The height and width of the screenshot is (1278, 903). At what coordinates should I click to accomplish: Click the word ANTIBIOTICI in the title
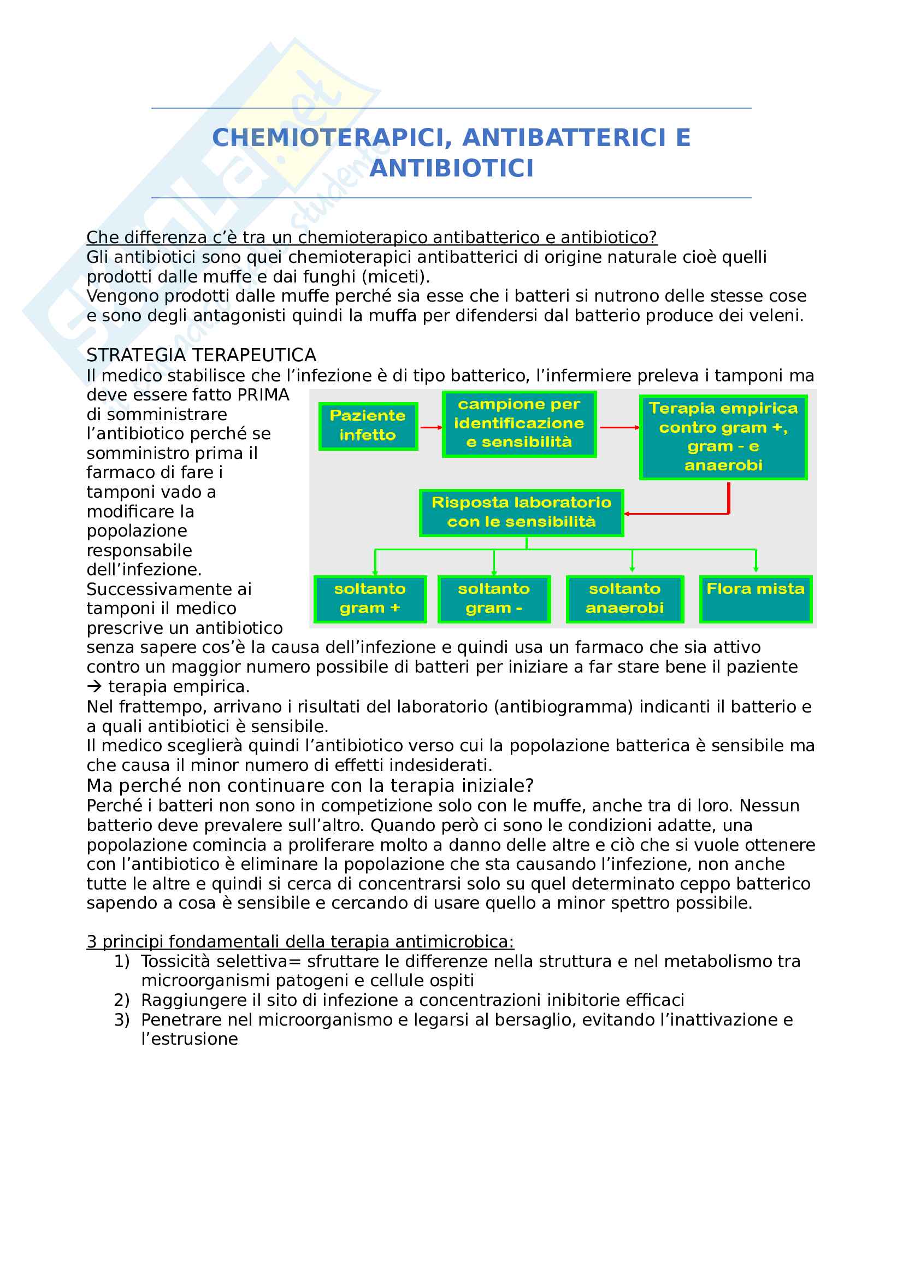pyautogui.click(x=451, y=169)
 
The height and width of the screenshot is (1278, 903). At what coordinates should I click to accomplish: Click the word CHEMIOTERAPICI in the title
pyautogui.click(x=332, y=138)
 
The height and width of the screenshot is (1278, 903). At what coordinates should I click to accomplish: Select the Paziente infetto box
pyautogui.click(x=368, y=426)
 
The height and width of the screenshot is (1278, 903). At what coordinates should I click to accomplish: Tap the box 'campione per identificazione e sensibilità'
pyautogui.click(x=518, y=423)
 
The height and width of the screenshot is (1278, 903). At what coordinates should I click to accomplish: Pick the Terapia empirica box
pyautogui.click(x=723, y=437)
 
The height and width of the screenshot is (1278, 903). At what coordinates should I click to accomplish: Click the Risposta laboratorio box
pyautogui.click(x=521, y=513)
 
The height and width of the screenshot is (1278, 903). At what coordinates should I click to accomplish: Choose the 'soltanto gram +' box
pyautogui.click(x=370, y=599)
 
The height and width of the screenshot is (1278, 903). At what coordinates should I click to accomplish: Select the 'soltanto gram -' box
pyautogui.click(x=493, y=599)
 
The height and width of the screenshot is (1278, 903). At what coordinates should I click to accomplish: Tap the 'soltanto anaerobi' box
pyautogui.click(x=624, y=599)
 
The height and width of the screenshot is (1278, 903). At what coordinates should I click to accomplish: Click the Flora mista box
pyautogui.click(x=755, y=599)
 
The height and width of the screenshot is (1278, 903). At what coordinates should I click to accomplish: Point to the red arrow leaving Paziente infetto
pyautogui.click(x=430, y=427)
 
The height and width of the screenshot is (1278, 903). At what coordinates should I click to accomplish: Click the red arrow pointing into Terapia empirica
pyautogui.click(x=619, y=427)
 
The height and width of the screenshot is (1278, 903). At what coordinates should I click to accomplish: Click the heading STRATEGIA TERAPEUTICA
pyautogui.click(x=202, y=355)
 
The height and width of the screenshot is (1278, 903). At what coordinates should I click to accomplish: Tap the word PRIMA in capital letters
pyautogui.click(x=263, y=395)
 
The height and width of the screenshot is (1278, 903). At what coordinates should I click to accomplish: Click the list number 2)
pyautogui.click(x=121, y=1000)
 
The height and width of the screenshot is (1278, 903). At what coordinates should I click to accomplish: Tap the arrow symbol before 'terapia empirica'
pyautogui.click(x=94, y=687)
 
